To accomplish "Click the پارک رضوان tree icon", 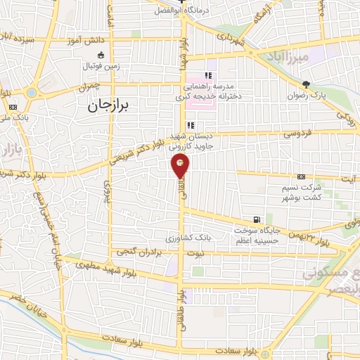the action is pyautogui.click(x=304, y=84).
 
